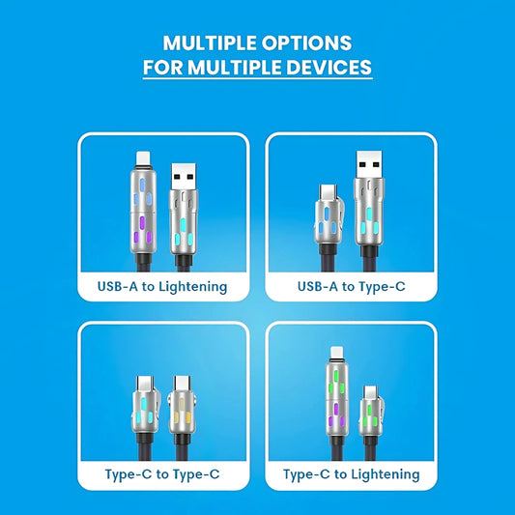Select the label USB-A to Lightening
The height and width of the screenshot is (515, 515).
coord(162,286)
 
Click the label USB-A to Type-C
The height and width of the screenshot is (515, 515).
coord(352,286)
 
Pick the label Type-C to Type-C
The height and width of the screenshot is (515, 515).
coord(162,474)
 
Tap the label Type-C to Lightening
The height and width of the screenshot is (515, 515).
coord(352,474)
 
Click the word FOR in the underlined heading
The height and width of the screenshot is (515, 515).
coord(161,69)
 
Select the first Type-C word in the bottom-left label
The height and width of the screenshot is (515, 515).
coord(127,474)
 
